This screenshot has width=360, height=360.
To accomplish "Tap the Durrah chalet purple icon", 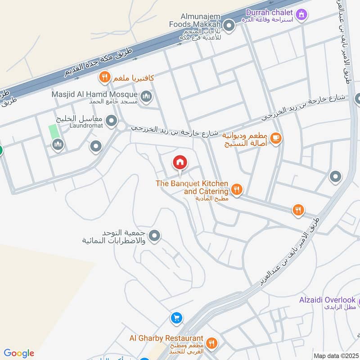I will [x=301, y=14].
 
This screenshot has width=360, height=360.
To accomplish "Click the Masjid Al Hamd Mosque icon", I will [x=146, y=96].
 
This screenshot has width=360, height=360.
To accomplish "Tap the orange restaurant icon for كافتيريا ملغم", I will [x=104, y=77].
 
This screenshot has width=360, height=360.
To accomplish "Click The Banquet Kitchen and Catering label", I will [x=192, y=188].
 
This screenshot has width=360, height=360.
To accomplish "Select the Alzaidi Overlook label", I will [x=327, y=300].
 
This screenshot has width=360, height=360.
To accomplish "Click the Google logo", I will [x=19, y=353].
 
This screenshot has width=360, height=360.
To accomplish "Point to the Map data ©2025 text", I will [x=335, y=355].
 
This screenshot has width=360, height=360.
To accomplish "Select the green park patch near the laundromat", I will [x=54, y=132].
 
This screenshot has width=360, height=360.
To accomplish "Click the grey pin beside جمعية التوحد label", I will [x=154, y=235].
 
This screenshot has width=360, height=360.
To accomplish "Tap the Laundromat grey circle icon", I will [x=111, y=121].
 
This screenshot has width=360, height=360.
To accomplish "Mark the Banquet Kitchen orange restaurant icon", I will [x=237, y=189].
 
